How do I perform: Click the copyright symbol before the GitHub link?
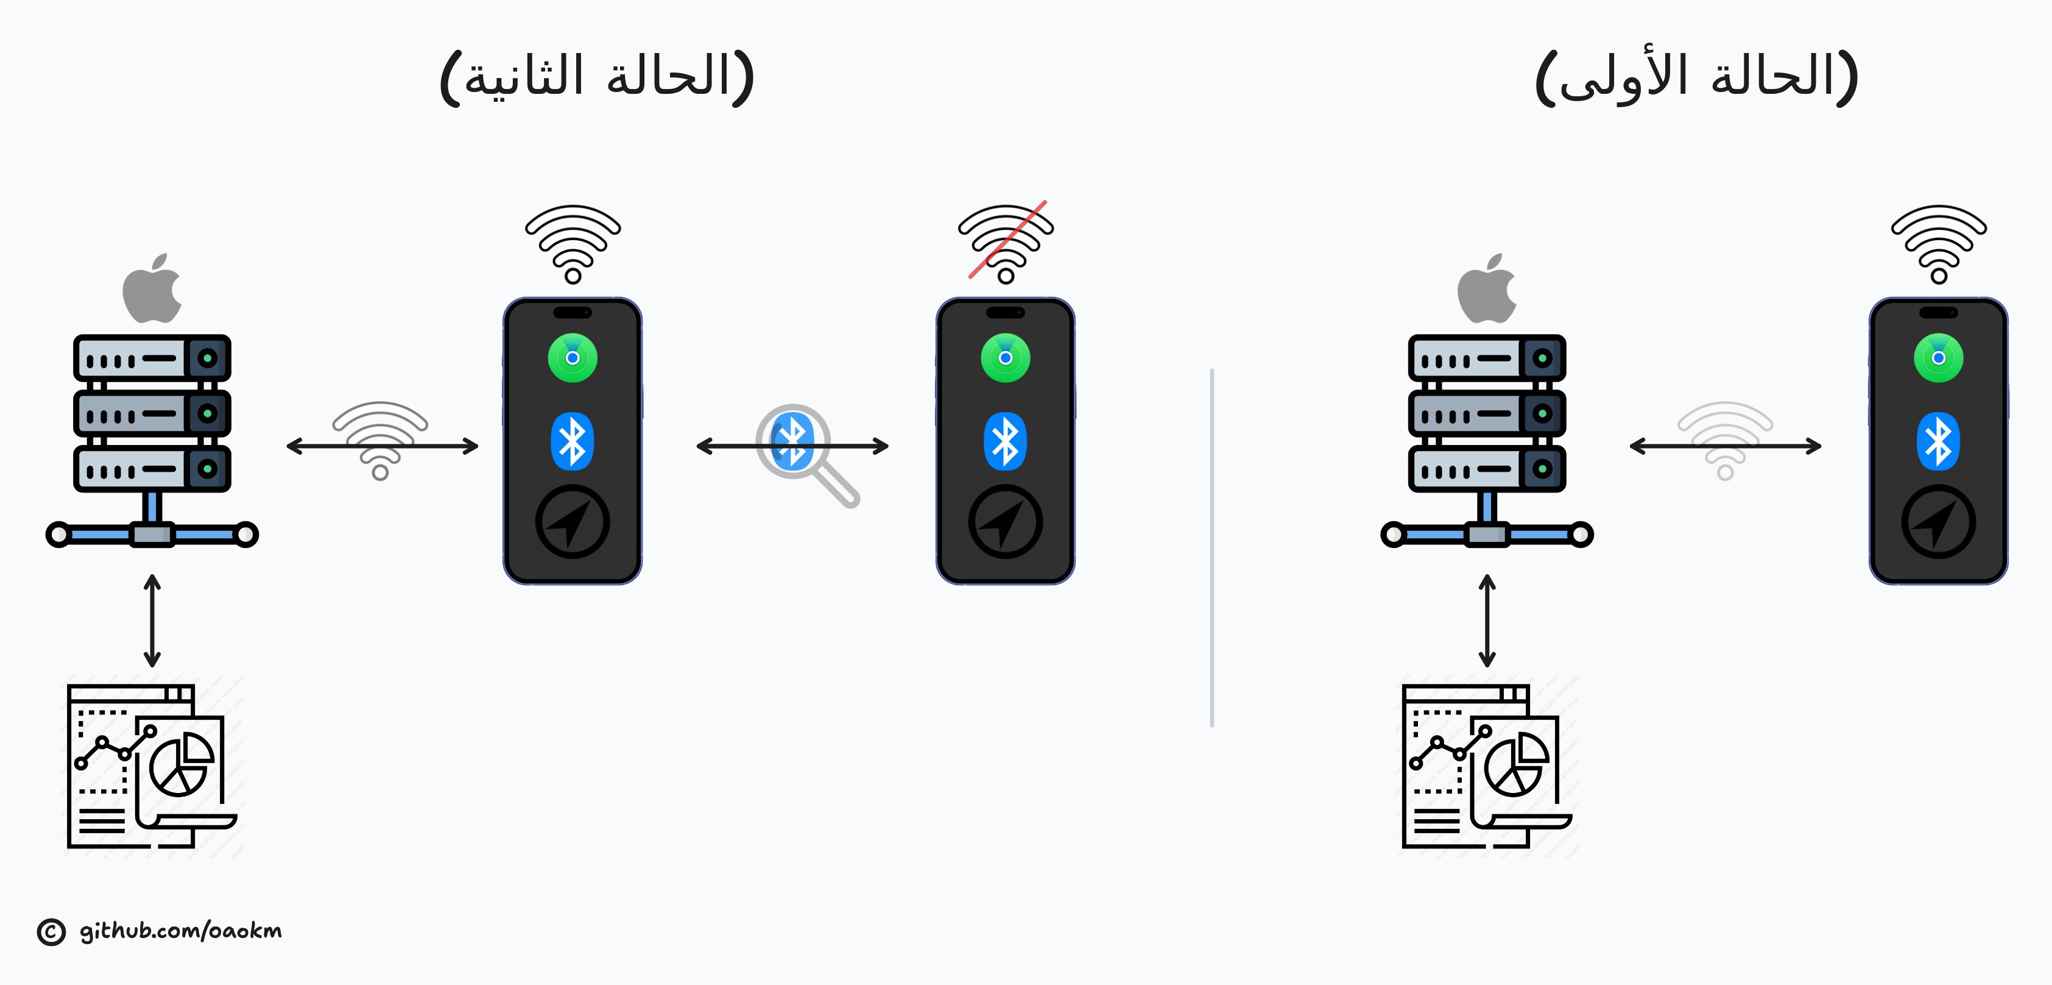click(51, 931)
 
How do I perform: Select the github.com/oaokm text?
click(181, 931)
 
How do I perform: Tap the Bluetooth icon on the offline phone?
click(1005, 441)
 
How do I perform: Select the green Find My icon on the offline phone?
click(1005, 358)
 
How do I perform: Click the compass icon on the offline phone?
click(1005, 522)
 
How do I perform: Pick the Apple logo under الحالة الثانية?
click(152, 288)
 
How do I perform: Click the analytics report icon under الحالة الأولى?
click(1486, 766)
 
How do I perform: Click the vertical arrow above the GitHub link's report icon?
click(152, 621)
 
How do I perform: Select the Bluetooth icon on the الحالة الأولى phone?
click(1938, 441)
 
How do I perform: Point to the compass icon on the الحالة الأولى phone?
click(1938, 522)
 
